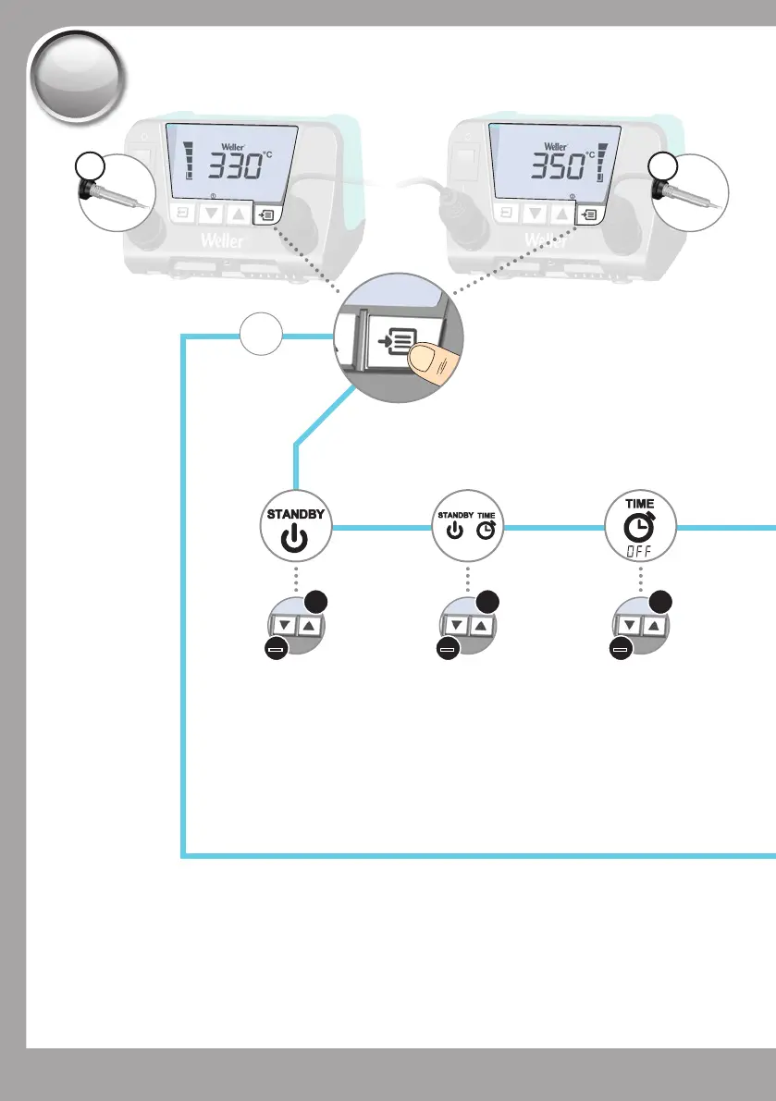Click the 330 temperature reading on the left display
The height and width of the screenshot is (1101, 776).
[230, 167]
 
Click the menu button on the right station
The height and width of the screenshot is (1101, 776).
[587, 214]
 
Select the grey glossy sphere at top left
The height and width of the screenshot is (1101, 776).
[77, 76]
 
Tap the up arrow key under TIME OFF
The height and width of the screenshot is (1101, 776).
[655, 627]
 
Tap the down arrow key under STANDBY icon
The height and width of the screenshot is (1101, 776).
[285, 627]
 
